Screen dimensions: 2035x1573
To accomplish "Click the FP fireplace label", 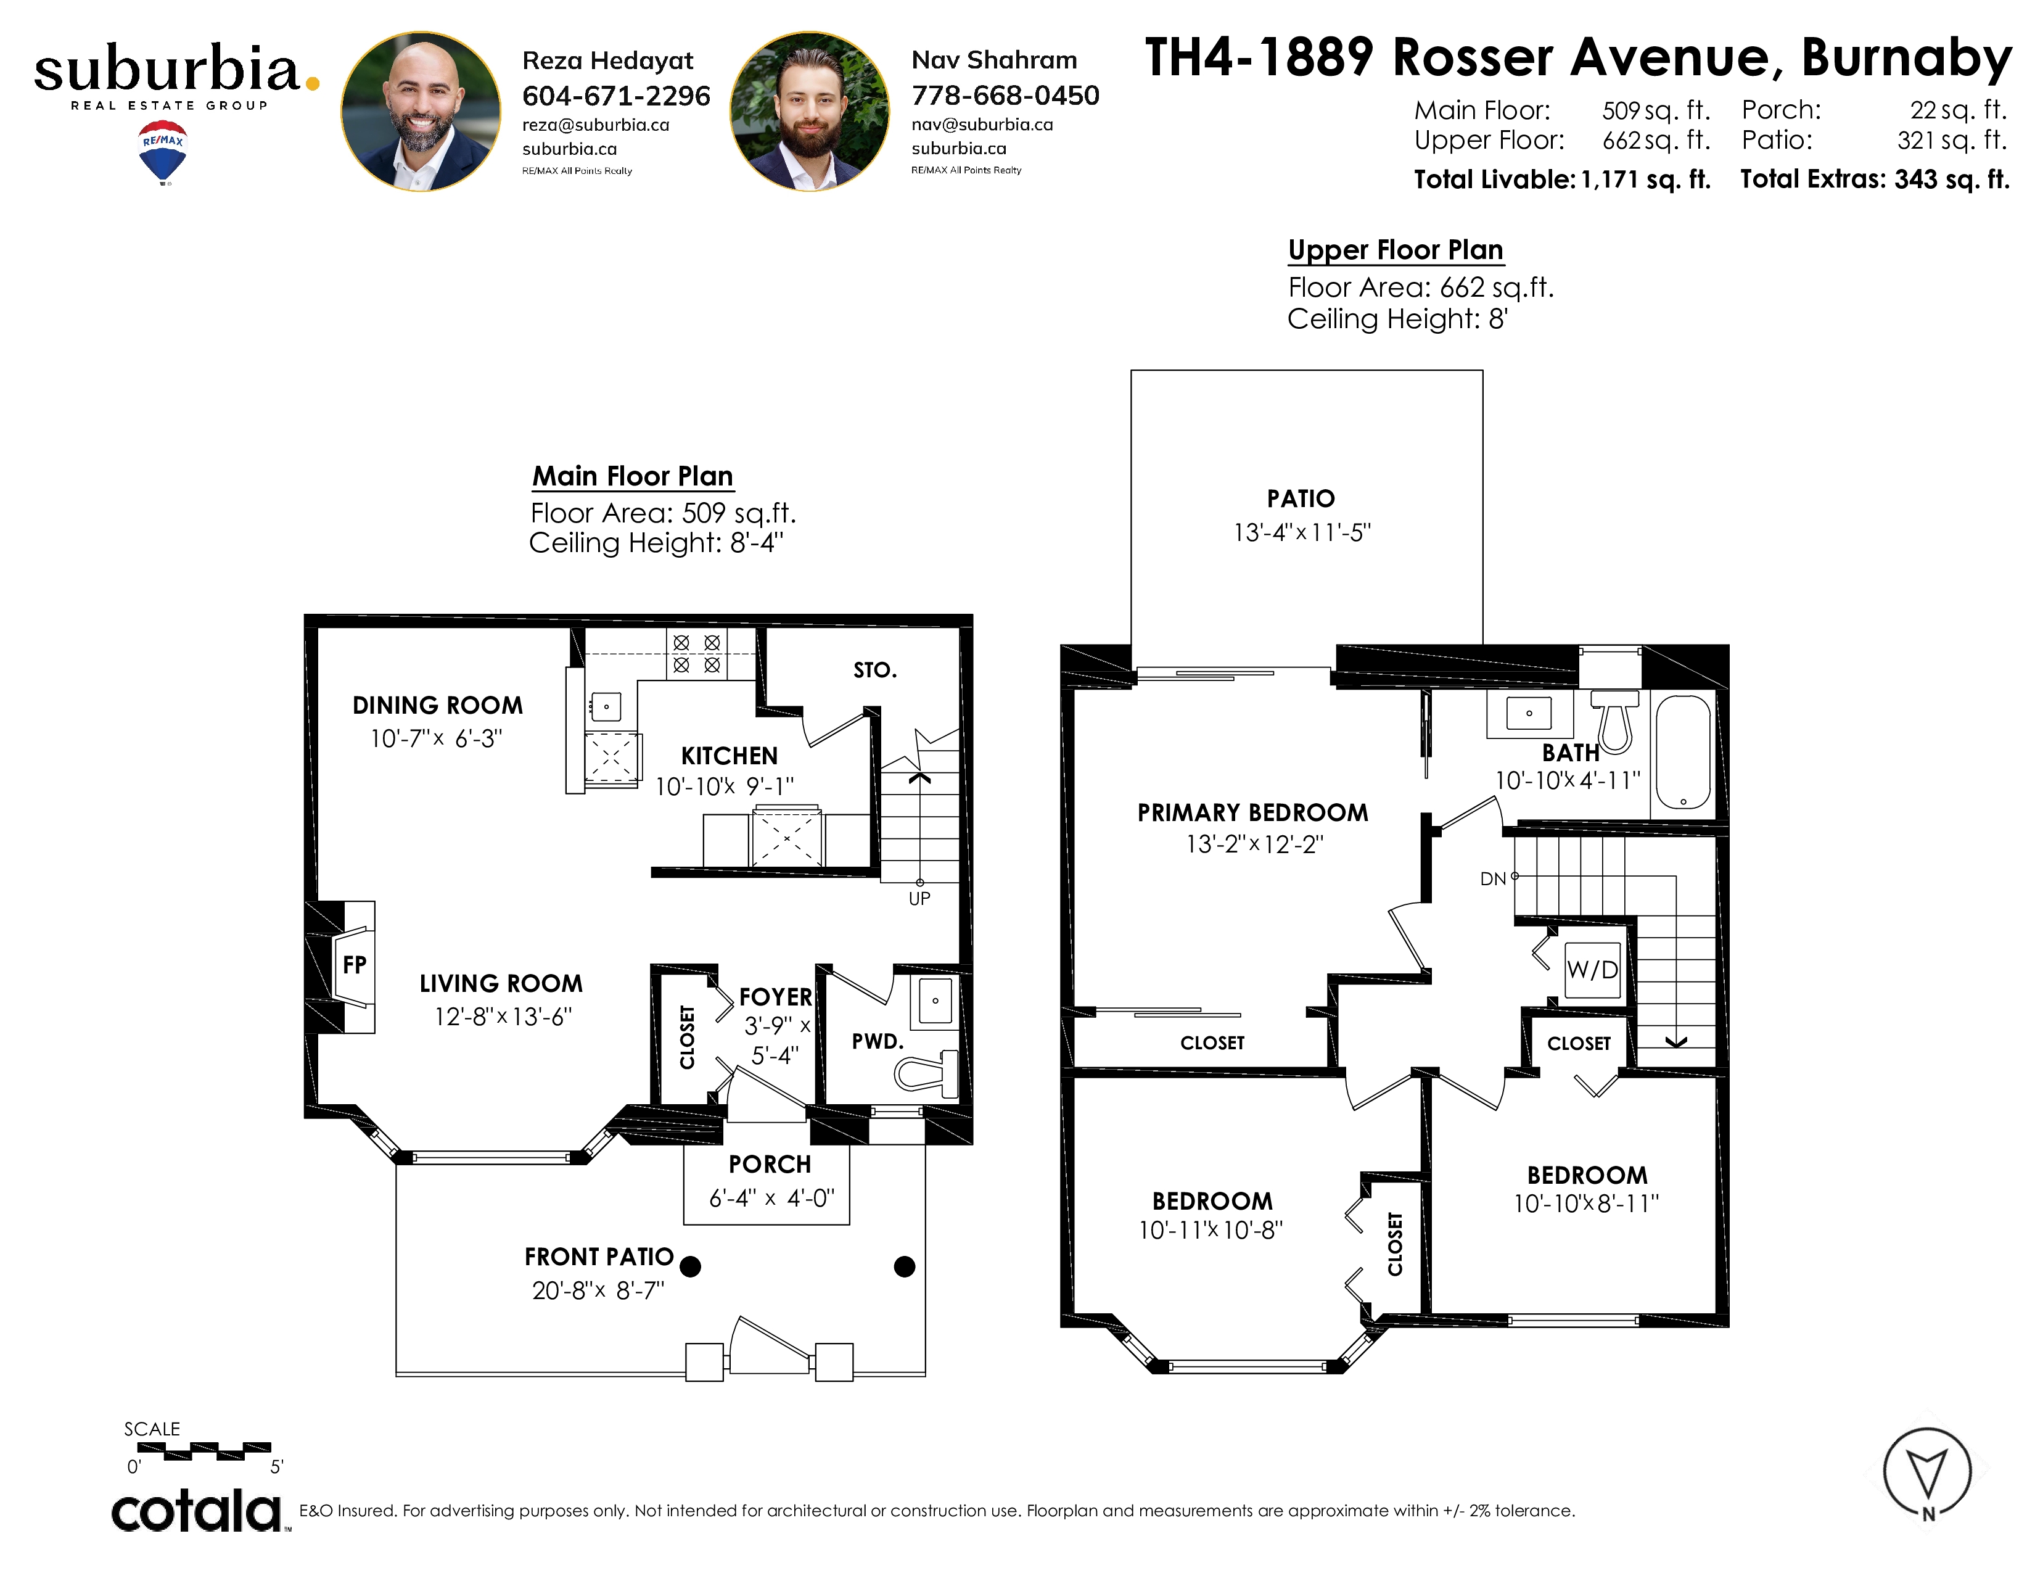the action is point(354,965).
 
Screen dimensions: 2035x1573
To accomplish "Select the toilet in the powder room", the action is point(927,1071).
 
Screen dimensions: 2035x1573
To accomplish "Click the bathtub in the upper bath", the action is point(1683,752).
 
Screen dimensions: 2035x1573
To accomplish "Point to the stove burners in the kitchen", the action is point(696,652).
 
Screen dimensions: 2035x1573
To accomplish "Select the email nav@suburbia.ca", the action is point(982,124).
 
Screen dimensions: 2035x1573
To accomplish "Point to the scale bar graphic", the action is point(204,1451).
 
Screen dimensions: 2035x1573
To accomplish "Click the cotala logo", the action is point(197,1511).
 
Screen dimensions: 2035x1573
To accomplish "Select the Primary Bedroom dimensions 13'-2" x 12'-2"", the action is point(1254,844).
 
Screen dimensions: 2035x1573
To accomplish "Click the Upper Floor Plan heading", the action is point(1396,250).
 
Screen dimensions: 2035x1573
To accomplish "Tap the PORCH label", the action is point(770,1165).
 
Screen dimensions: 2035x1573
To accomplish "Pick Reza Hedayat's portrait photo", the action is point(420,112).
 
